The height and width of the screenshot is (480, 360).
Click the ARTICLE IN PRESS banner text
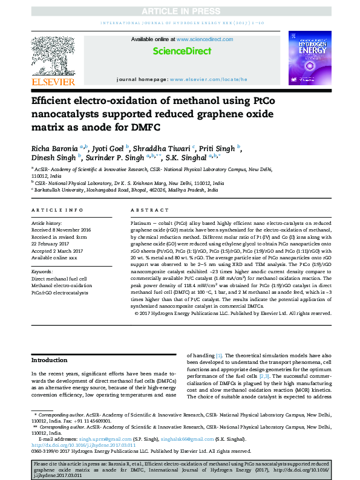click(179, 11)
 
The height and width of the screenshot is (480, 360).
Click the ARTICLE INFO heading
click(57, 210)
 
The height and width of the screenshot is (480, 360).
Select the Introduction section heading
click(49, 360)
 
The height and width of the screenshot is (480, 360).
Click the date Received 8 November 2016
click(61, 230)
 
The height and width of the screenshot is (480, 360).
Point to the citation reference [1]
click(219, 355)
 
